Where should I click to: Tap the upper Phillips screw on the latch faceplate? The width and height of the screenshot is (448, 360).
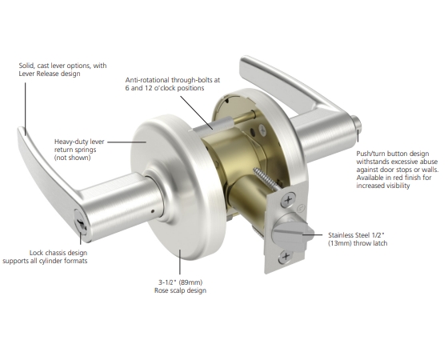288,199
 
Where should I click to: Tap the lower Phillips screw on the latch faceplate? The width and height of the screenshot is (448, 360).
286,257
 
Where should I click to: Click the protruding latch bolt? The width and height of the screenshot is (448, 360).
292,235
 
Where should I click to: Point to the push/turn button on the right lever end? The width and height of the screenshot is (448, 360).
357,126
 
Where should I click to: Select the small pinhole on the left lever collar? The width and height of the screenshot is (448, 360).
153,211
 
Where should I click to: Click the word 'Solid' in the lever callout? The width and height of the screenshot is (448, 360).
27,66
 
